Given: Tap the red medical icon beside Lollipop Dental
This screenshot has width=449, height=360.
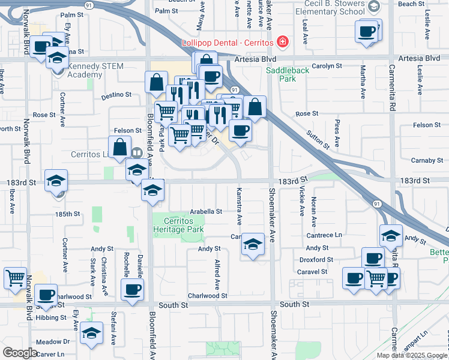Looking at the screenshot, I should point(282,43).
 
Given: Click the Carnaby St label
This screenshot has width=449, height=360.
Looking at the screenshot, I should point(427,160).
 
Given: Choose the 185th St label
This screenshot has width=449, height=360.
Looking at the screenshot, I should point(67,214).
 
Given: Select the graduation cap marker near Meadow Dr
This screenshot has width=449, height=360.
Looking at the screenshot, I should point(92,334).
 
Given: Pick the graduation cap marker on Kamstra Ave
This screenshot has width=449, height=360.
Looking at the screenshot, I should point(253,244).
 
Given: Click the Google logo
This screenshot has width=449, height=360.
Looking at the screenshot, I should point(20,353).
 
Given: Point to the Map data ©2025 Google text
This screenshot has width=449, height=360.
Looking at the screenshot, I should point(411,355).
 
